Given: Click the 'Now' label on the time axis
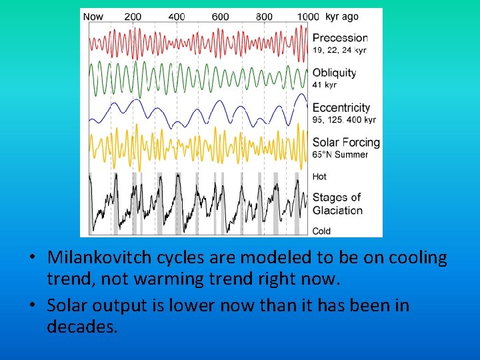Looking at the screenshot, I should [93, 17].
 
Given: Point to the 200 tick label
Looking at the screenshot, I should [133, 17].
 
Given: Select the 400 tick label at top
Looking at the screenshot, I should [177, 17].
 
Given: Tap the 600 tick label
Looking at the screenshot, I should [220, 17].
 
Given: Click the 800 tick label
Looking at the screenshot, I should [264, 17].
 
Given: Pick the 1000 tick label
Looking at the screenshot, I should [307, 17].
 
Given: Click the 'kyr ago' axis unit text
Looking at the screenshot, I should [341, 17].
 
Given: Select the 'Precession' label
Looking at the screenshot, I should [340, 38].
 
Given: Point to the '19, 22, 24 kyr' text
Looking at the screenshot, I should [339, 50].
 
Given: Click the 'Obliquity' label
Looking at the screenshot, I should [335, 73].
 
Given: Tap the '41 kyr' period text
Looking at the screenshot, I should [325, 85].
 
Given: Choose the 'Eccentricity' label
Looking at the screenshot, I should [341, 107].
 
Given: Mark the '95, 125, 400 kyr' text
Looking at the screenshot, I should [344, 120].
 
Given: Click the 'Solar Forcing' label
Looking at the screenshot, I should [346, 142].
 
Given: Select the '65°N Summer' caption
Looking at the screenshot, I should [340, 155].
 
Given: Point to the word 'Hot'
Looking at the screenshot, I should [320, 177].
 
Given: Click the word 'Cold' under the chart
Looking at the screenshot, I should [321, 231].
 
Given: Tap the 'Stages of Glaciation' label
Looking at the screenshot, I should [337, 204].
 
